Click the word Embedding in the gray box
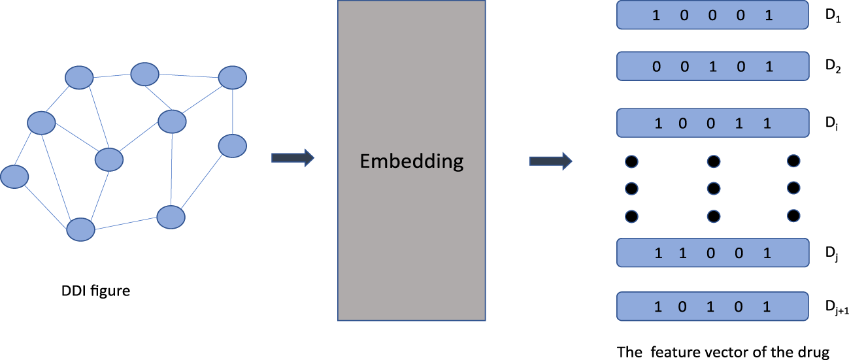click(411, 161)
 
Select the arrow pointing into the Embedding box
click(292, 157)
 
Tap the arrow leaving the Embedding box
click(550, 161)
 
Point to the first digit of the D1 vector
click(656, 16)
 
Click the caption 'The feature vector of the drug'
click(723, 352)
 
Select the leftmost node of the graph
click(14, 176)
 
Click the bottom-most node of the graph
click(81, 229)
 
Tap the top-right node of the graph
click(232, 78)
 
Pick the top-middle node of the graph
click(144, 74)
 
